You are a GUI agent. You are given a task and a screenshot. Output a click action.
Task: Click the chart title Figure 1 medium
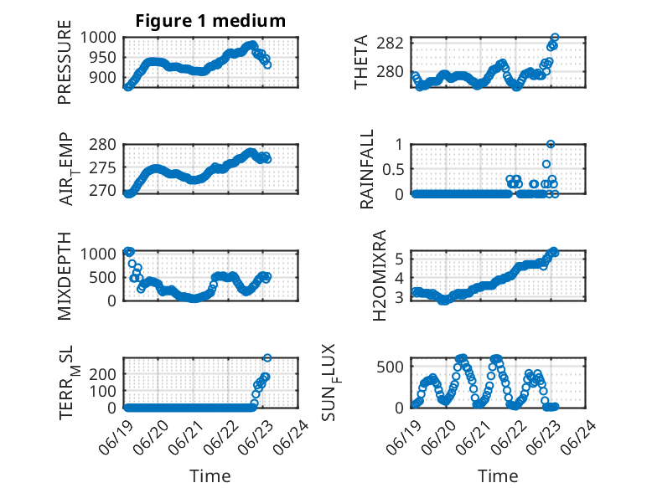click(x=210, y=21)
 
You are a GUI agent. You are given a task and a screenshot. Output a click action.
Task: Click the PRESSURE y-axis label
click(x=65, y=62)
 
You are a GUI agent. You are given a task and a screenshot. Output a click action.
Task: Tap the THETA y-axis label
click(x=361, y=62)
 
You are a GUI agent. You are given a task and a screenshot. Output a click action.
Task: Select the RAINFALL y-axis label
click(x=367, y=169)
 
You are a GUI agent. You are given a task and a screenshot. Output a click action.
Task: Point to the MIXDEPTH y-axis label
click(x=65, y=276)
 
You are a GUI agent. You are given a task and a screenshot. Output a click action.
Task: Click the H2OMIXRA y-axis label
click(x=380, y=275)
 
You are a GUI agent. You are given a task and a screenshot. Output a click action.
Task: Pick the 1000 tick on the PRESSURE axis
click(x=98, y=38)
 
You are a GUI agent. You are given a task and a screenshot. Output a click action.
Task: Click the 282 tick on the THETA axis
click(x=390, y=43)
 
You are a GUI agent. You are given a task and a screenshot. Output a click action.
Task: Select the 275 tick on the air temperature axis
click(x=103, y=167)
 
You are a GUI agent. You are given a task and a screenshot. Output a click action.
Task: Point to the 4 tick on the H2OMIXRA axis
click(x=399, y=278)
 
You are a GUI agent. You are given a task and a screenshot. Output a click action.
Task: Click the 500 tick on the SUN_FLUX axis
click(x=390, y=367)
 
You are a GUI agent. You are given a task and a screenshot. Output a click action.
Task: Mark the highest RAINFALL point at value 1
click(x=551, y=144)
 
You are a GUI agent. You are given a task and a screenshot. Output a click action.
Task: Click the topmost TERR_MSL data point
click(x=267, y=357)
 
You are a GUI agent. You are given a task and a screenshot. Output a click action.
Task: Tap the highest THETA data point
click(x=555, y=38)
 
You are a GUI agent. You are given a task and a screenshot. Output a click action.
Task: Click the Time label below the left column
click(x=210, y=476)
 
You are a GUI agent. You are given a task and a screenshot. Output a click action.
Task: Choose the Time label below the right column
click(x=498, y=476)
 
